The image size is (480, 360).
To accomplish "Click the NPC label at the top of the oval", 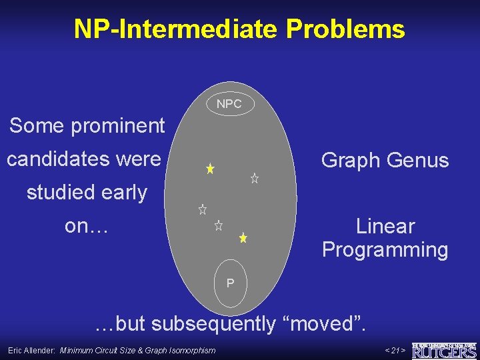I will [x=229, y=104].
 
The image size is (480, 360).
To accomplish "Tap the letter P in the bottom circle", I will [x=230, y=283].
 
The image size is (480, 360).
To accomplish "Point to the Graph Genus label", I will [x=385, y=161].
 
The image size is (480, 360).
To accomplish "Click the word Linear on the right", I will [x=385, y=226].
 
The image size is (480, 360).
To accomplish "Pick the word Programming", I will [x=385, y=250].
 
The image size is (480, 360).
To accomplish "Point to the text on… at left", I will [x=86, y=226].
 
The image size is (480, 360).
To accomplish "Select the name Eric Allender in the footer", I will [x=31, y=350].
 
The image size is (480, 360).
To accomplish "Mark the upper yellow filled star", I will [x=209, y=169].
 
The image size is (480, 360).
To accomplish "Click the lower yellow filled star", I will [x=243, y=237].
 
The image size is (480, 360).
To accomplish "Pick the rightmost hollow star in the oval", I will [x=254, y=178].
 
